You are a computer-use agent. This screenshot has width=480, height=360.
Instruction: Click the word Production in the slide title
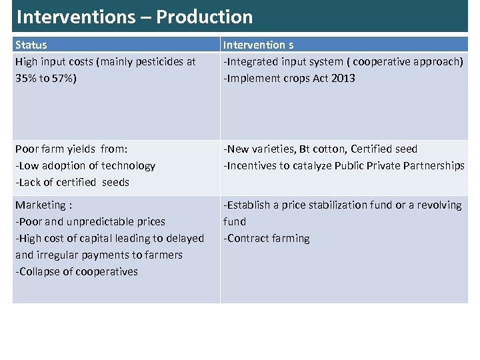[204, 17]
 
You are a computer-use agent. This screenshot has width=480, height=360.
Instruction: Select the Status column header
[31, 45]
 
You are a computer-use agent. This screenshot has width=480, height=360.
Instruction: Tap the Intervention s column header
[258, 45]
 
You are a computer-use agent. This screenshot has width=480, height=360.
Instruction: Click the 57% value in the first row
[61, 78]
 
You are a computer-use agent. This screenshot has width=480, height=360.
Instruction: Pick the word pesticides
[158, 61]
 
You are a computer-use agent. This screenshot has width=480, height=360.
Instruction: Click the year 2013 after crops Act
[343, 78]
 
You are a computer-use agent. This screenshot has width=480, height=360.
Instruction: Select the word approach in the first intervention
[437, 61]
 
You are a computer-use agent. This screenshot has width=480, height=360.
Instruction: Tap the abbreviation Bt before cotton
[306, 149]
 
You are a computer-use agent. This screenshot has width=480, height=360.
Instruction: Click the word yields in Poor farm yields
[82, 149]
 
